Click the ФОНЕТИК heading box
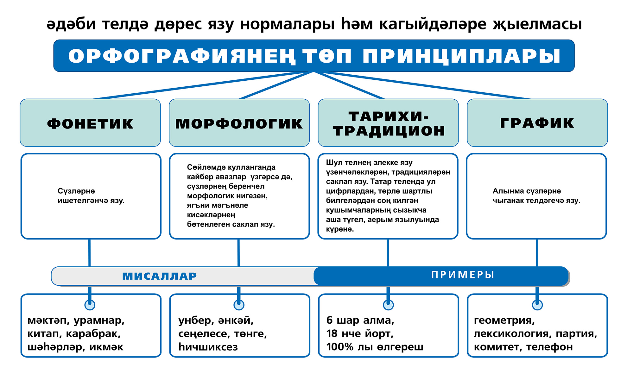90,123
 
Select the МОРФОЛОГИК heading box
239,123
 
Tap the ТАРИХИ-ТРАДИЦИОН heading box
388,123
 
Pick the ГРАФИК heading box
537,123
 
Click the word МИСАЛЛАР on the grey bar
160,276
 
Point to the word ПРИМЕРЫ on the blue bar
463,275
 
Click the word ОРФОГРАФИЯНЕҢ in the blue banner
182,56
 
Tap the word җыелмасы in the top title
537,24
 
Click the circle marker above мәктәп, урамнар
90,305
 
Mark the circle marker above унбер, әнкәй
239,305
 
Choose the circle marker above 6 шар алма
388,305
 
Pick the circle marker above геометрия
537,305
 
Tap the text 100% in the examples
340,347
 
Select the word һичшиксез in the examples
208,347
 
